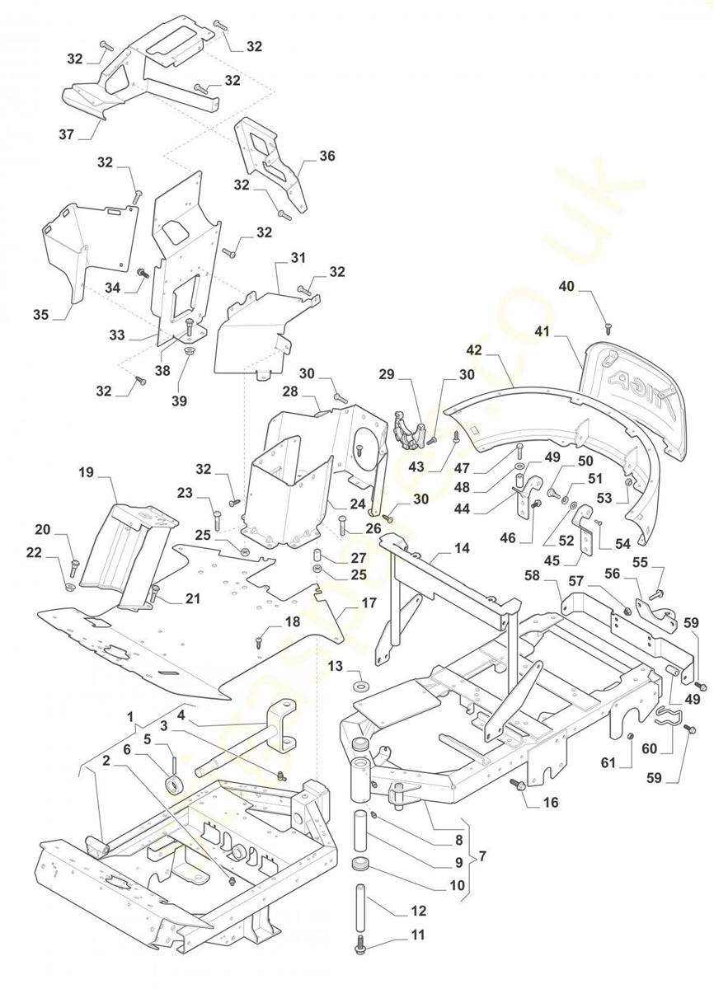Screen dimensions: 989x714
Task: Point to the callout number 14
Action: click(x=462, y=548)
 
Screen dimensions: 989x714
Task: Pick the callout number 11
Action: click(x=419, y=935)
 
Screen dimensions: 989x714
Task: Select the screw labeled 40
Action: click(x=608, y=329)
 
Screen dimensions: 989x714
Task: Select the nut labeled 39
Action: click(x=187, y=352)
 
